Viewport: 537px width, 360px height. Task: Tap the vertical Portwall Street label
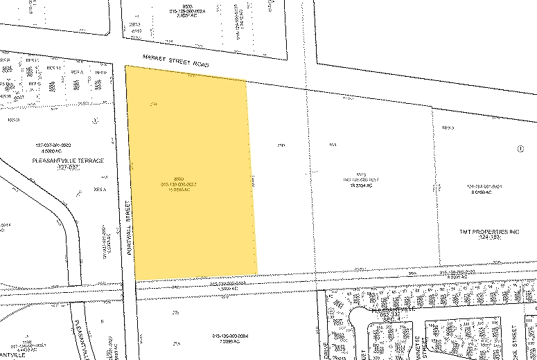pyautogui.click(x=129, y=228)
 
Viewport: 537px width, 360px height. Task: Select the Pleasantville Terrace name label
pyautogui.click(x=67, y=161)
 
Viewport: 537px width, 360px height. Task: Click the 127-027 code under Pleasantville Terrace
pyautogui.click(x=69, y=168)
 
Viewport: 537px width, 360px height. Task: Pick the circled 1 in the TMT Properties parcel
pyautogui.click(x=520, y=148)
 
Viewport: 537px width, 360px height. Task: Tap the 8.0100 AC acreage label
pyautogui.click(x=483, y=192)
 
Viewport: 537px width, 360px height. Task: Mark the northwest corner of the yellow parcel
pyautogui.click(x=125, y=66)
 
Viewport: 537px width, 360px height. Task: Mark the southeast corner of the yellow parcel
pyautogui.click(x=258, y=273)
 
